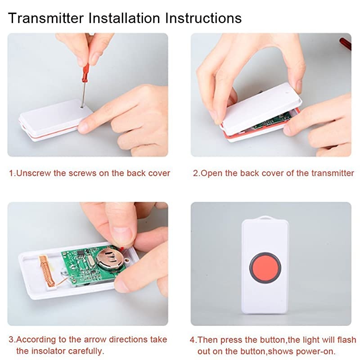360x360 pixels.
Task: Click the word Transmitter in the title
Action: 46,18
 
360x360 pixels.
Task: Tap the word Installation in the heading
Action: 124,18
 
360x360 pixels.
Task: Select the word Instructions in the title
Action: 203,18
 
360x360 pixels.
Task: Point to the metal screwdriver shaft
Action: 83,94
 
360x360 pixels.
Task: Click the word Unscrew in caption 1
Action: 33,173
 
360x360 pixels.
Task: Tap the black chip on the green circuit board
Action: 81,252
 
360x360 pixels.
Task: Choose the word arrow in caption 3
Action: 95,340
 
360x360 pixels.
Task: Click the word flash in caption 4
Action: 346,340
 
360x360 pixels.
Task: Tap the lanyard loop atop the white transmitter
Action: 265,217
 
